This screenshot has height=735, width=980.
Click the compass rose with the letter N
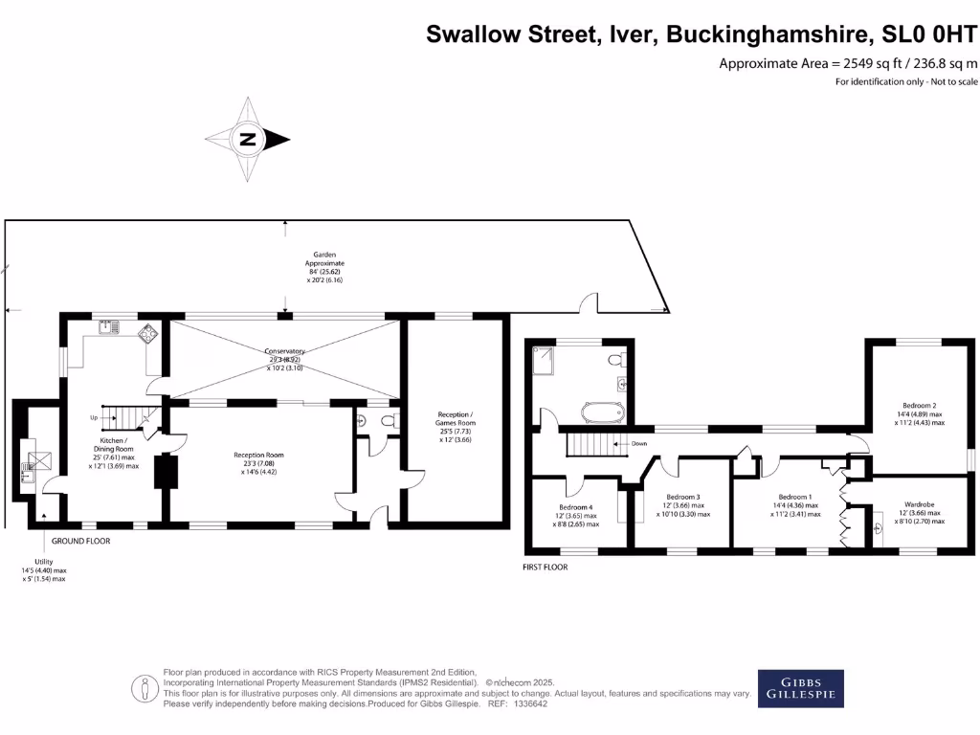[247, 140]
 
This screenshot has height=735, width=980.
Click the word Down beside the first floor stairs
[640, 444]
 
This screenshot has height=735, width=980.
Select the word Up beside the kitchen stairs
[93, 417]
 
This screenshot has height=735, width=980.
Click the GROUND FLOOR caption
[80, 542]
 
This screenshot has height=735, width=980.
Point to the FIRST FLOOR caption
[545, 568]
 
